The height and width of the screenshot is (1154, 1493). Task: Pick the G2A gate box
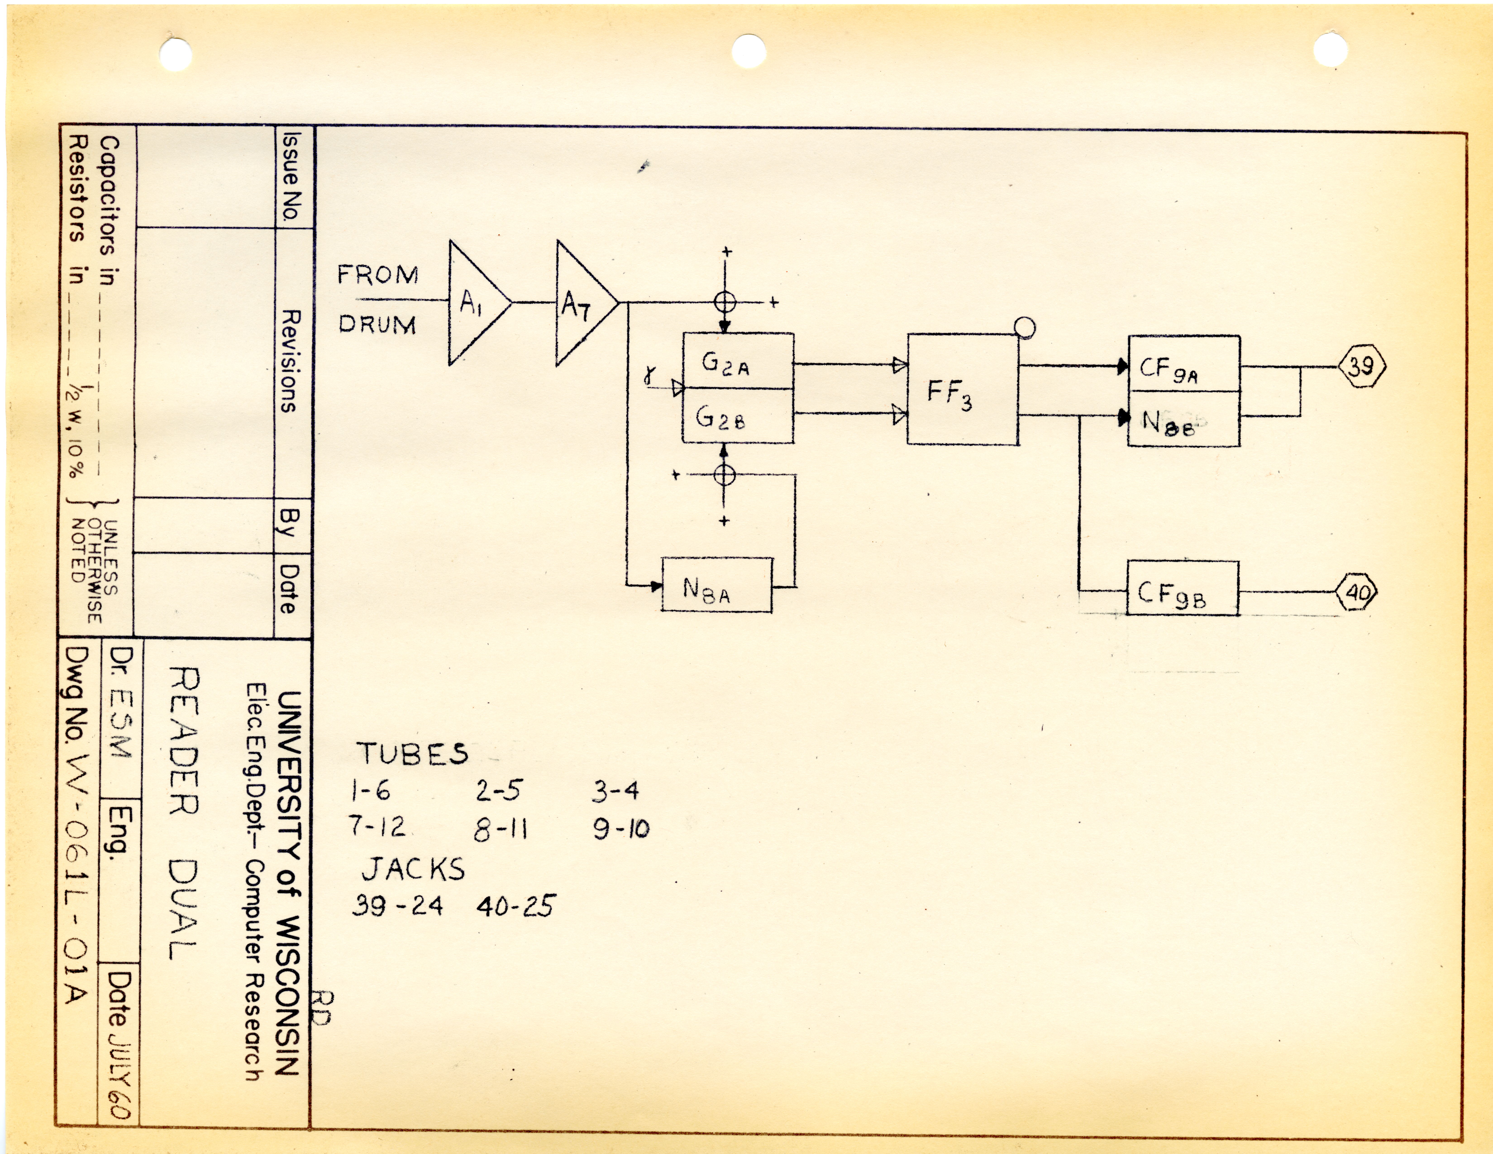point(738,361)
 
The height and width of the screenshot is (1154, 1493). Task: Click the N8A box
point(716,585)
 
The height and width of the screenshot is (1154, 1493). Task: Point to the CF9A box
point(1183,364)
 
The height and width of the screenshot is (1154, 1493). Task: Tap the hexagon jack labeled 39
point(1360,367)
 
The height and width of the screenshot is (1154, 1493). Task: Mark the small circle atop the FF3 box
point(1025,328)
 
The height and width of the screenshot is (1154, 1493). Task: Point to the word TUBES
point(413,753)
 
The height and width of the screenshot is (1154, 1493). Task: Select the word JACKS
point(413,869)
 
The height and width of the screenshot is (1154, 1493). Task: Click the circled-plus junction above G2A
point(725,301)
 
